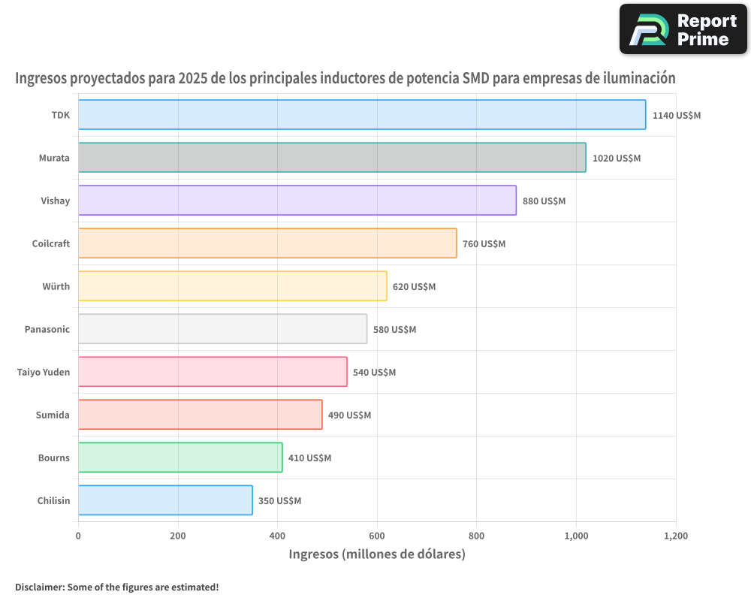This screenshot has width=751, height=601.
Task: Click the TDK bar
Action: [362, 115]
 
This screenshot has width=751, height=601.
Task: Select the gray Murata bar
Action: [332, 158]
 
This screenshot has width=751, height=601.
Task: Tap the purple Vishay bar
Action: [297, 201]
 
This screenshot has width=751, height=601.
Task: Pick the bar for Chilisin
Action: [165, 500]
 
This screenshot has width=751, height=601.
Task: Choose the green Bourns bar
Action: [180, 458]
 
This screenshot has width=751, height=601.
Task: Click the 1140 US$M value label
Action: [676, 116]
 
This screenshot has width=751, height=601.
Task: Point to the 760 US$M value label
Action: [484, 244]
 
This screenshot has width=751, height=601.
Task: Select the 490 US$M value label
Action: [349, 415]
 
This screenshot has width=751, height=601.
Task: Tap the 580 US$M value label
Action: [394, 330]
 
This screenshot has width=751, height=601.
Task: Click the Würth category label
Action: [56, 286]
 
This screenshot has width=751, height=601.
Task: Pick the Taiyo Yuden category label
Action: [44, 372]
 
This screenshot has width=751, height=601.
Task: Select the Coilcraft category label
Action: [51, 243]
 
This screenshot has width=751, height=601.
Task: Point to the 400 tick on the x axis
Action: [277, 536]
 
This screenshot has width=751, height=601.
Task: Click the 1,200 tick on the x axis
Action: [674, 536]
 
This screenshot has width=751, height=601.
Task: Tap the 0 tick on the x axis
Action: [78, 536]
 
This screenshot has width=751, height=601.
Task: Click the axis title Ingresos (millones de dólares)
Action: [377, 554]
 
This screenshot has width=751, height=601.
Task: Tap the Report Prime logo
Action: [683, 29]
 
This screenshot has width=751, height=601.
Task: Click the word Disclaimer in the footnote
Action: [39, 587]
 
